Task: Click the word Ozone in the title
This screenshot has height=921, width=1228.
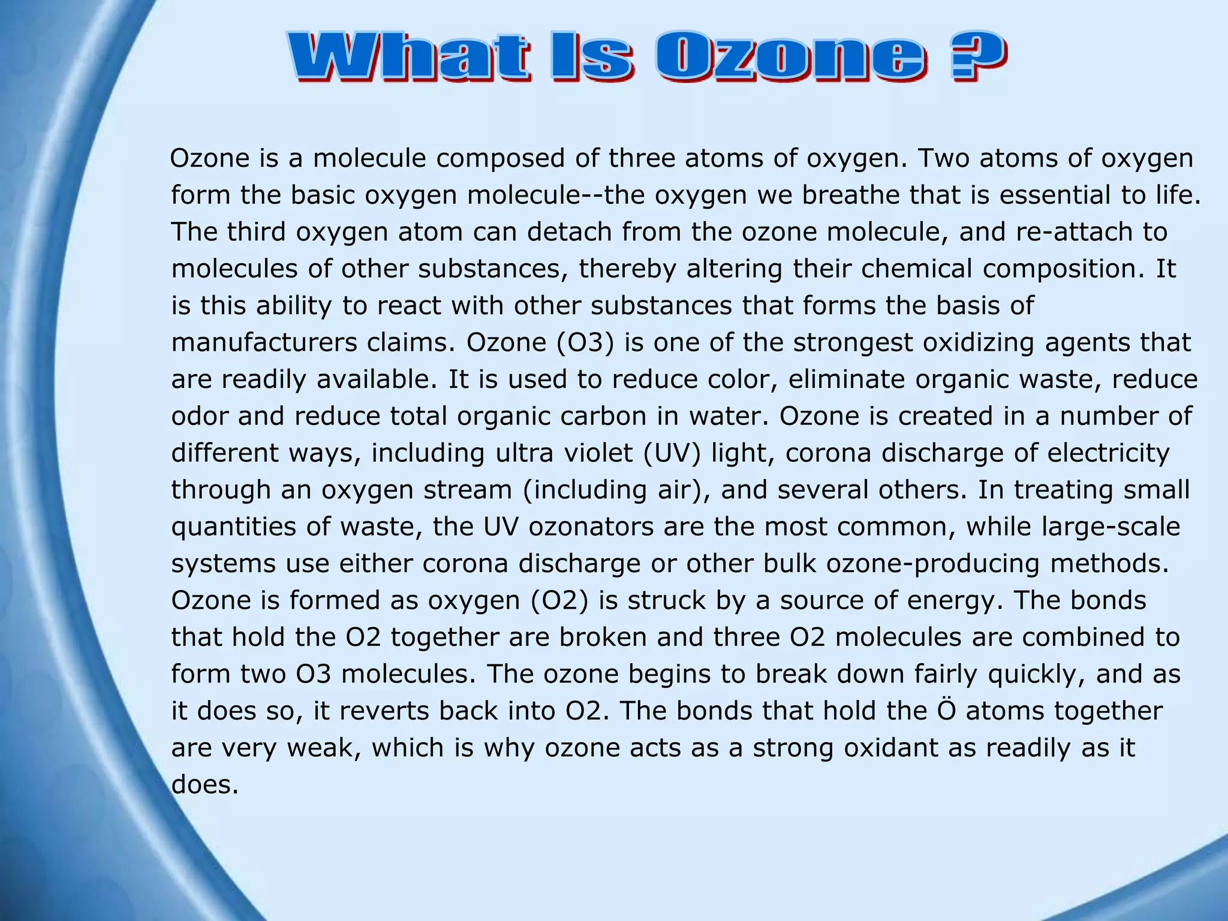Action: tap(790, 58)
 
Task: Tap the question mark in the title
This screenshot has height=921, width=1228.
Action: tap(976, 58)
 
